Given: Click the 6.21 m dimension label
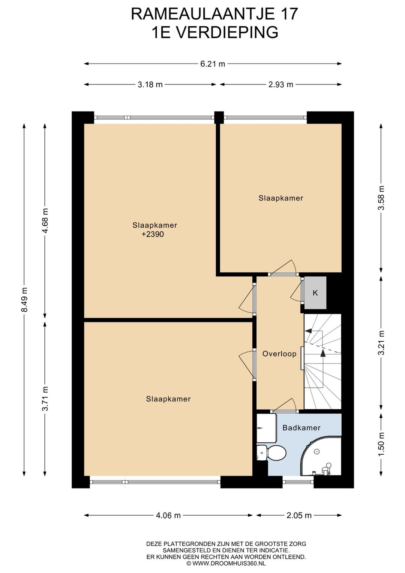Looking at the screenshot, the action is (213, 64).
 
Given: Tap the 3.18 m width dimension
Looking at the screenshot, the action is (150, 84).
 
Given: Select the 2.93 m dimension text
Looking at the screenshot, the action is (280, 84).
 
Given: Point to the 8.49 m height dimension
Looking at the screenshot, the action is (24, 300).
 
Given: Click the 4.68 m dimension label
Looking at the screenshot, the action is (45, 221).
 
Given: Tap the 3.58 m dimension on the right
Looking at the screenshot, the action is (381, 198).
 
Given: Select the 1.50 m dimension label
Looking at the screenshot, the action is (381, 444).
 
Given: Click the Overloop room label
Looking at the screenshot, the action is (279, 354).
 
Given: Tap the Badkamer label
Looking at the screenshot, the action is (301, 428).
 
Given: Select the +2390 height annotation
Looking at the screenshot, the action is (153, 234).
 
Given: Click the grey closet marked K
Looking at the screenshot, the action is (315, 293).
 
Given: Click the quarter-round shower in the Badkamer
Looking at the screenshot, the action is (321, 456).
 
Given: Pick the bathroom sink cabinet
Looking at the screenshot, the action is (267, 428).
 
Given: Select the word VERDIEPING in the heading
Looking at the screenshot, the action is (227, 33).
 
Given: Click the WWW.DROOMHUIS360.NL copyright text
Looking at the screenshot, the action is (226, 563).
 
